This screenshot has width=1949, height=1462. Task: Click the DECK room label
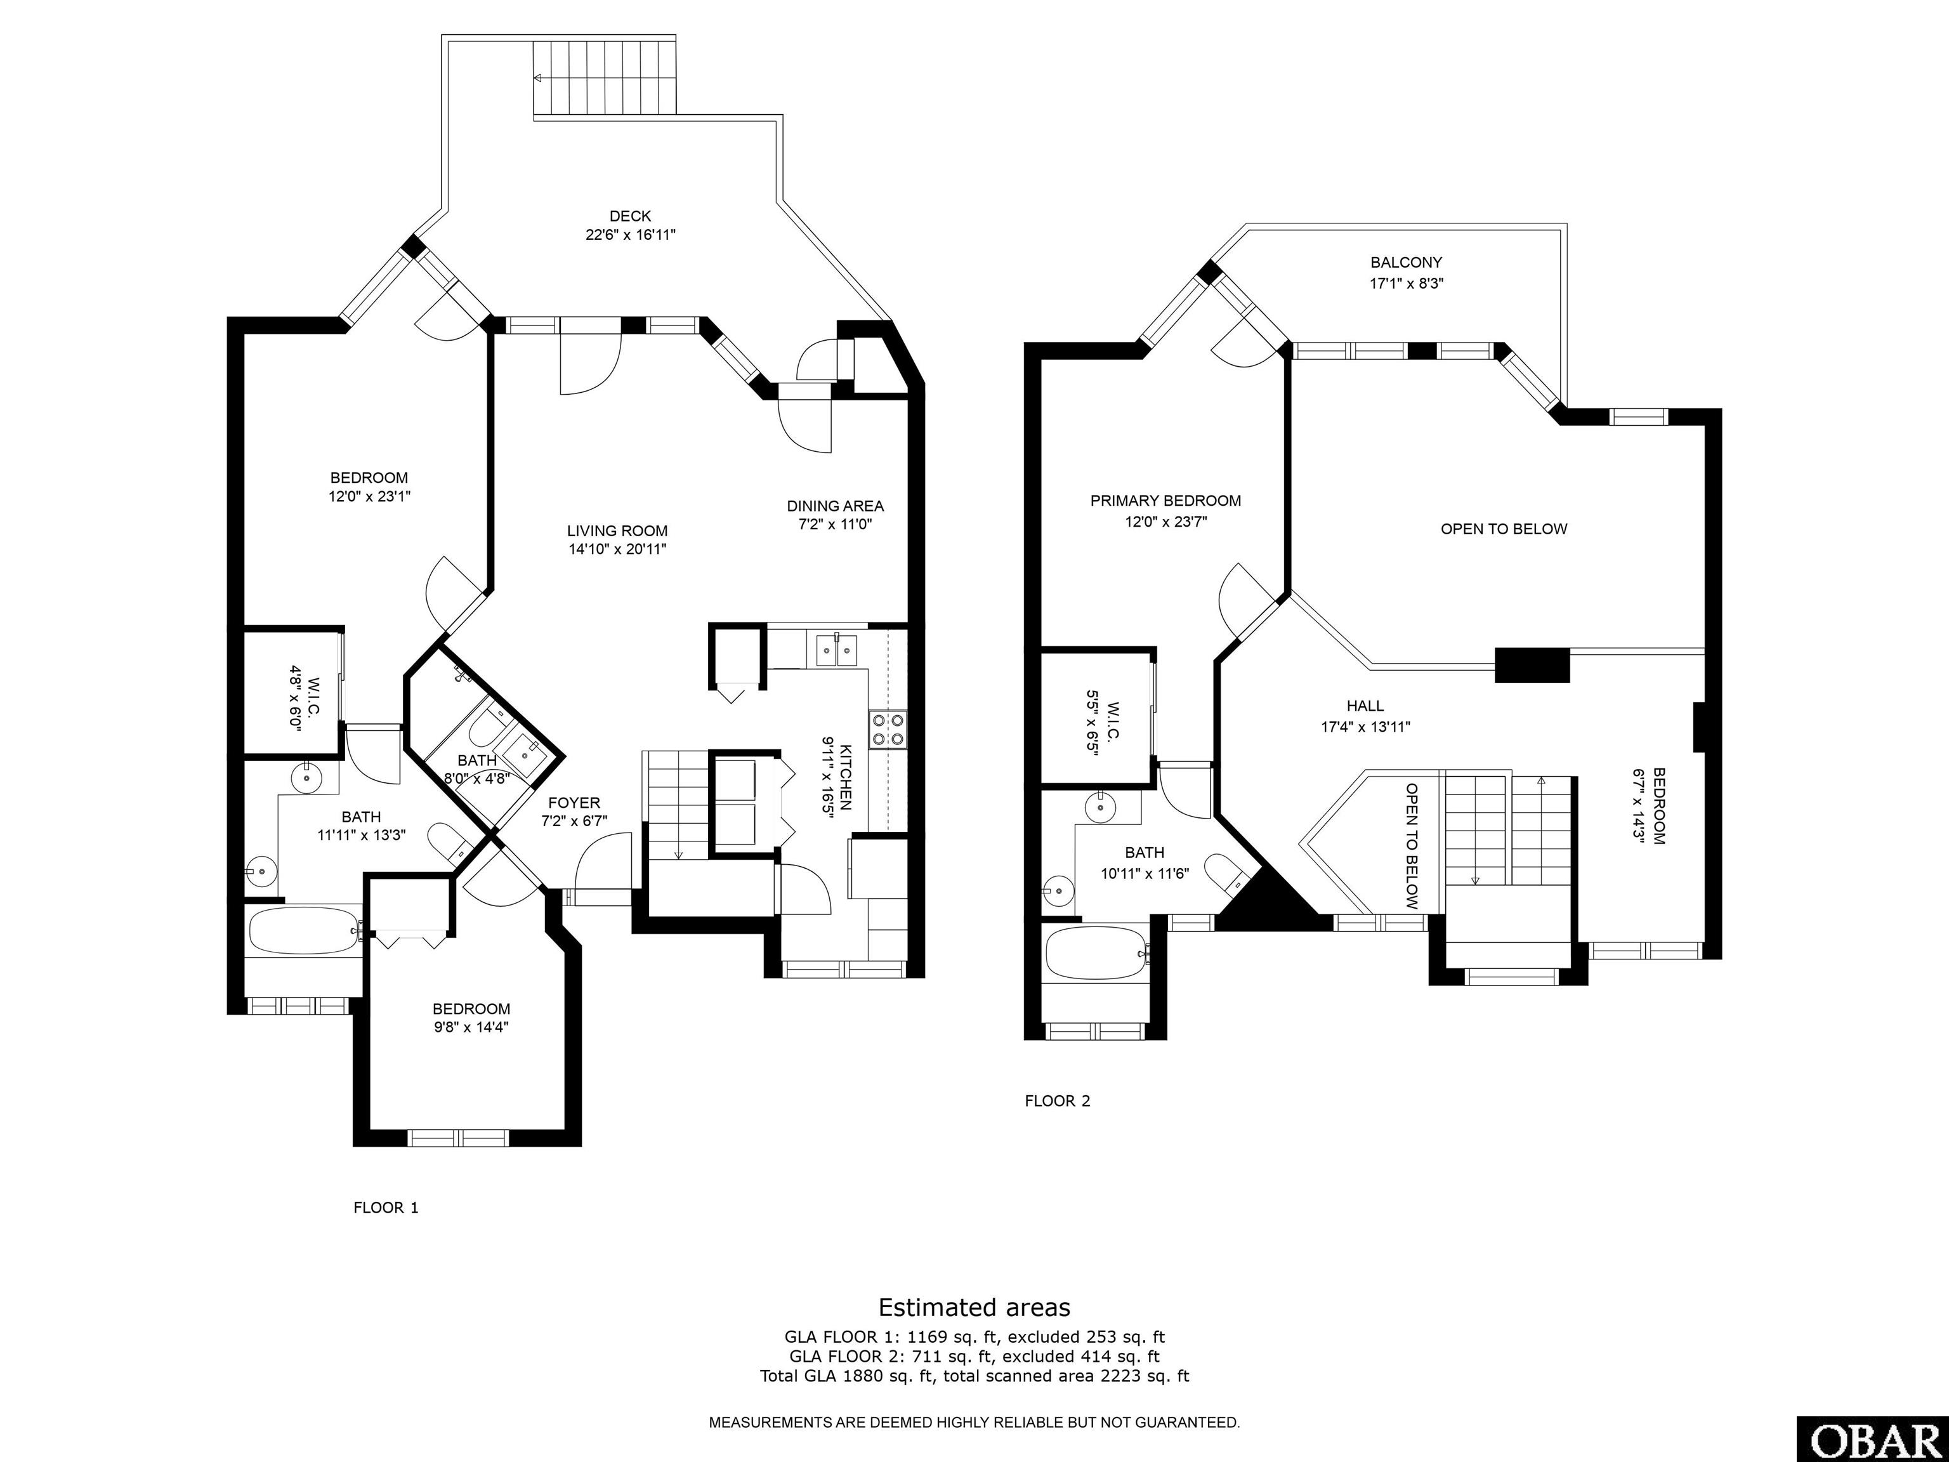[x=630, y=216]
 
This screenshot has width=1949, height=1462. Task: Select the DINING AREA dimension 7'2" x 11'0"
[x=834, y=524]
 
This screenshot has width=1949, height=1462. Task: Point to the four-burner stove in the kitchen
[x=888, y=730]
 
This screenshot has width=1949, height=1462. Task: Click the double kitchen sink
[x=836, y=650]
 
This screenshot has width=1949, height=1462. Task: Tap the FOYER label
[x=574, y=803]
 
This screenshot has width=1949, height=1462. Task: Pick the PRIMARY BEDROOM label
[x=1165, y=501]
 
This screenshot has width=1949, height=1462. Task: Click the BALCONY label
[x=1407, y=263]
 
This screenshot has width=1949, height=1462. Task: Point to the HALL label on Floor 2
[x=1365, y=706]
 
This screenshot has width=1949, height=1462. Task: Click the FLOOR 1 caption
[x=386, y=1208]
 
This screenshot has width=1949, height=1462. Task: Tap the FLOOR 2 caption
[x=1058, y=1101]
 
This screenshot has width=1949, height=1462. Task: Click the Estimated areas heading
[x=974, y=1307]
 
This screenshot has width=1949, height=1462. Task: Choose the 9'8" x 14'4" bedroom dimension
[x=471, y=1027]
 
